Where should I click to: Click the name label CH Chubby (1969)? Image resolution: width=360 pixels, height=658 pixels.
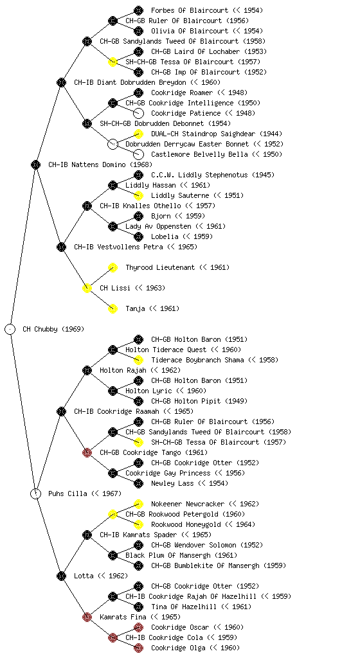point(53,329)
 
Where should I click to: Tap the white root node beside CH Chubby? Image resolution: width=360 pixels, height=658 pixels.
point(10,329)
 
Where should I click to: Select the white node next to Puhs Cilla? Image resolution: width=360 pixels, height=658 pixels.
point(36,493)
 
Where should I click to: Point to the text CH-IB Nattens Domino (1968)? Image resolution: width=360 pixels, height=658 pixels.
point(100,164)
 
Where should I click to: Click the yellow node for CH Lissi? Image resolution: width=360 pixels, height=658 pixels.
point(87,288)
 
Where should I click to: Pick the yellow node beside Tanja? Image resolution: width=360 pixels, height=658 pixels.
point(113,308)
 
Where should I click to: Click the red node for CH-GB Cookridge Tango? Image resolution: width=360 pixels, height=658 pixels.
point(87,452)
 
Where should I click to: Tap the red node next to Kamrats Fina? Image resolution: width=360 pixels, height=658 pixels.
point(87,617)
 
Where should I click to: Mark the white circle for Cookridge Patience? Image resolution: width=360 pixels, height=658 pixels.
point(138,113)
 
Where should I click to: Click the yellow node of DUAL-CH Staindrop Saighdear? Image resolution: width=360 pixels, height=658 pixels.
point(138,134)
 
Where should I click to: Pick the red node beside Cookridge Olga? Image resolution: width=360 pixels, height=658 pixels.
point(138,648)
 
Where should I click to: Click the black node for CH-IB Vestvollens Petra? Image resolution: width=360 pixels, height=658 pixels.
point(62,247)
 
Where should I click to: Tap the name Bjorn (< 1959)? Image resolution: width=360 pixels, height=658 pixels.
point(178,216)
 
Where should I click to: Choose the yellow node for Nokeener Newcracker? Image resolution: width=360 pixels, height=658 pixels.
point(138,504)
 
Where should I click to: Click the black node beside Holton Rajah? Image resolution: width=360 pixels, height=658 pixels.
point(87,370)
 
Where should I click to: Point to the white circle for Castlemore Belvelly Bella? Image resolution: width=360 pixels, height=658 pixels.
point(138,154)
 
